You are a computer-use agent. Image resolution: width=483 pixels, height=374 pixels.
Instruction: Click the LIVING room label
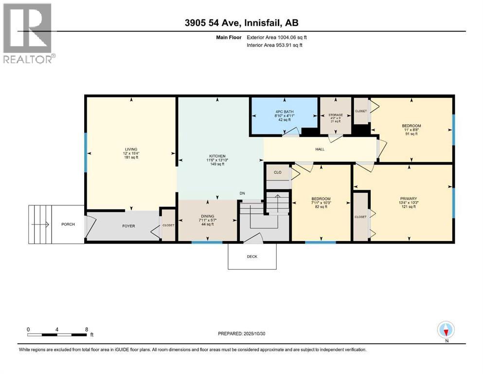click(x=130, y=149)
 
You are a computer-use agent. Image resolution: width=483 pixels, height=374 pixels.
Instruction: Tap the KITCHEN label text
click(x=214, y=157)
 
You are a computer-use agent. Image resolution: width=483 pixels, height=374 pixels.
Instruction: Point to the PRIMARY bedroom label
click(x=408, y=198)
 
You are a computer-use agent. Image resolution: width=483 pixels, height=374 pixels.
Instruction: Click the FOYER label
click(x=128, y=226)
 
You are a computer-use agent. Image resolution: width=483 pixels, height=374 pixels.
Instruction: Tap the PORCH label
click(x=68, y=224)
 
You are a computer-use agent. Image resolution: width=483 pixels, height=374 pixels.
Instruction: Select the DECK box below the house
click(x=251, y=256)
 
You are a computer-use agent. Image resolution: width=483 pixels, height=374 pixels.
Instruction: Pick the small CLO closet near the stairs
click(x=278, y=172)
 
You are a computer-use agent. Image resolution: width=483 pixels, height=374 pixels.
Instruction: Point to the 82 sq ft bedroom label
click(x=321, y=199)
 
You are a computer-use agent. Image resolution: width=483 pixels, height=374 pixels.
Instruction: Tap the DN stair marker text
click(x=242, y=193)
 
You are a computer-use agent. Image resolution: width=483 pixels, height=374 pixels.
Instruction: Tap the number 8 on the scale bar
click(x=86, y=329)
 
